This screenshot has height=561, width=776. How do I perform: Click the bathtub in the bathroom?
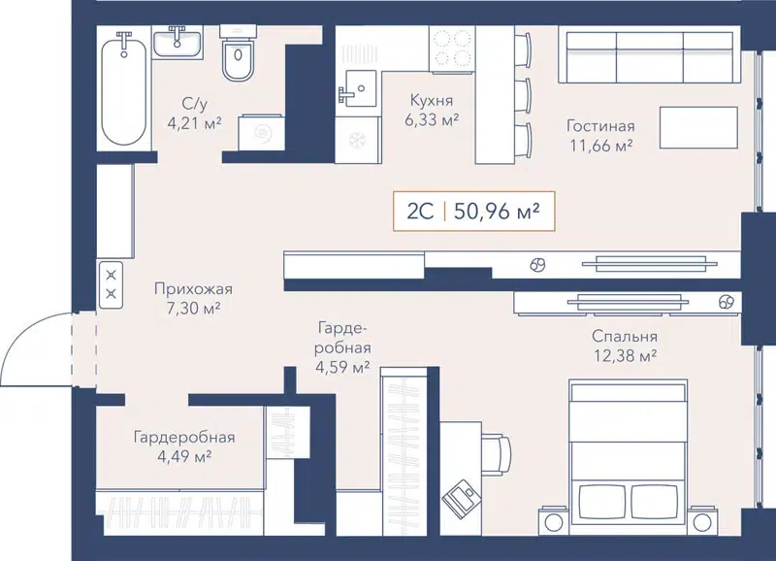(123, 88)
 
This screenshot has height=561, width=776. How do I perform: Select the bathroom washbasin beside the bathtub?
(178, 43)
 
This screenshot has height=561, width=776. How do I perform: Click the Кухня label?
(432, 101)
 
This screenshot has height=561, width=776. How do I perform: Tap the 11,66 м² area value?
(601, 145)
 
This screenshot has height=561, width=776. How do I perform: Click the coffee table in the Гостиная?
(697, 127)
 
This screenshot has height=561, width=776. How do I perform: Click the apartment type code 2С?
(420, 210)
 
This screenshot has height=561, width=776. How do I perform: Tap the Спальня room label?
(626, 337)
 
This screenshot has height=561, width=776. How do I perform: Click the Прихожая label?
(194, 289)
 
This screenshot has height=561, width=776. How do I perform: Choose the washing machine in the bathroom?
(262, 134)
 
